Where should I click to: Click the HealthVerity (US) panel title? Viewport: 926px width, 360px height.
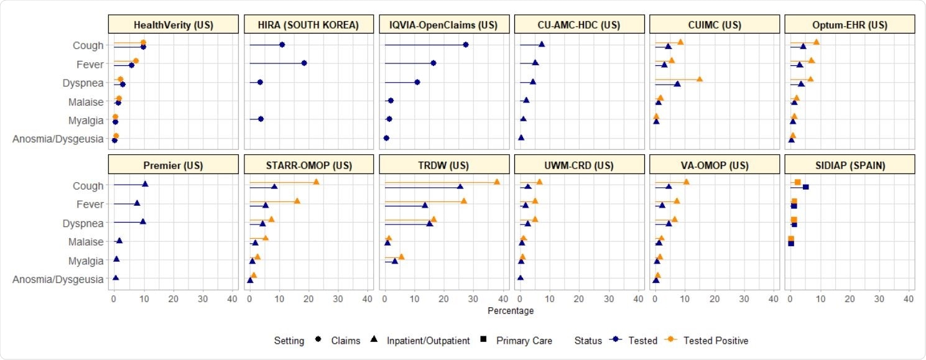pos(174,25)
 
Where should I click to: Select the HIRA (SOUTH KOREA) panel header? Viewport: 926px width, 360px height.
pos(309,25)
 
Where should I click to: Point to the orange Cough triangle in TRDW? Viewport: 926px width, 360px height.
pos(497,182)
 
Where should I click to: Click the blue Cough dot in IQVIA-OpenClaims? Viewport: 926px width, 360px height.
pos(466,45)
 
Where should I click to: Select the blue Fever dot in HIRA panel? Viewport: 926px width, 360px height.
pos(304,63)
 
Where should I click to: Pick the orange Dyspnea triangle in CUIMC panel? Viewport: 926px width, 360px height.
pos(700,79)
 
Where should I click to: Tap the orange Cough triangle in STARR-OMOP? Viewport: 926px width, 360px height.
pos(316,182)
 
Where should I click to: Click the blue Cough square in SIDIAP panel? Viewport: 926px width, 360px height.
pos(806,187)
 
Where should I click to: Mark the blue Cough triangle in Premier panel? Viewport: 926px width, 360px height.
pos(146,184)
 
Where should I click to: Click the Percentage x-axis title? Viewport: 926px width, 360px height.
pos(511,310)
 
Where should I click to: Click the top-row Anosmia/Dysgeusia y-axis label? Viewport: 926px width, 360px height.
pos(58,139)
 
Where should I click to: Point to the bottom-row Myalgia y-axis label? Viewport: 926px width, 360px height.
pos(85,261)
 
